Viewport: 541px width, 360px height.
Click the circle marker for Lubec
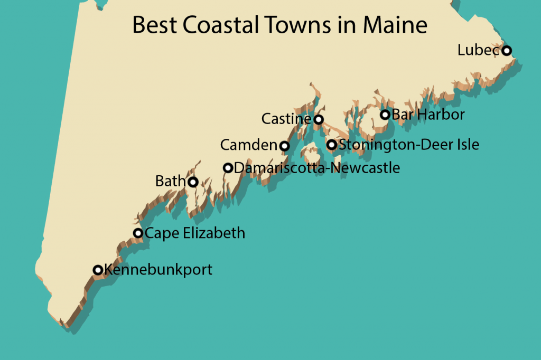pyautogui.click(x=507, y=51)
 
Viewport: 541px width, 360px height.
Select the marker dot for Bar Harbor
pyautogui.click(x=385, y=115)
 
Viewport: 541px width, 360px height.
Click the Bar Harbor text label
pyautogui.click(x=428, y=115)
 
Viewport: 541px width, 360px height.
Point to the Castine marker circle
pyautogui.click(x=319, y=119)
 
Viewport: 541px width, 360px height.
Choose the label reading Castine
pyautogui.click(x=286, y=119)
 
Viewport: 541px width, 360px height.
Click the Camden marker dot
pyautogui.click(x=284, y=146)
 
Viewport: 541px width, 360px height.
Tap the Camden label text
pyautogui.click(x=249, y=145)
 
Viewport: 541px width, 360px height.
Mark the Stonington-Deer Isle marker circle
pyautogui.click(x=332, y=145)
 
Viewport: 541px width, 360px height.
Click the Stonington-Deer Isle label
pyautogui.click(x=409, y=145)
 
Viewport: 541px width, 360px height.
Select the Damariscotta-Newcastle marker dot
pyautogui.click(x=228, y=168)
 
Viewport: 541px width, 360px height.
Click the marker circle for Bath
pyautogui.click(x=193, y=182)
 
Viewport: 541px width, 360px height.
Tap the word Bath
pyautogui.click(x=171, y=182)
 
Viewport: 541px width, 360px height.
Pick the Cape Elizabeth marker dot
pyautogui.click(x=138, y=233)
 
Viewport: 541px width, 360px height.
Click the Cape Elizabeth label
pyautogui.click(x=195, y=233)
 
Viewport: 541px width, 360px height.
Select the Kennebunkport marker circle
pyautogui.click(x=98, y=270)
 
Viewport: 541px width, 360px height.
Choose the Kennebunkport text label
pyautogui.click(x=158, y=270)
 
